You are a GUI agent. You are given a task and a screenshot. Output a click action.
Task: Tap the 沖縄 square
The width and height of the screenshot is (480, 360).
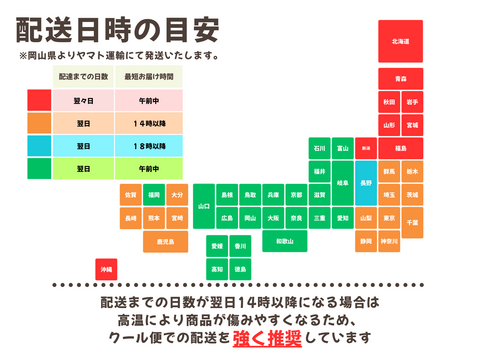tap(106, 270)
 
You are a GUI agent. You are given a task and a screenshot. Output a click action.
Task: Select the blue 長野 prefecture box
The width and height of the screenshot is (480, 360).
tap(365, 182)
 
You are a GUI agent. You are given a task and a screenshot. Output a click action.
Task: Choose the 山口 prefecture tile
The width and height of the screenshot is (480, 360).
tap(204, 205)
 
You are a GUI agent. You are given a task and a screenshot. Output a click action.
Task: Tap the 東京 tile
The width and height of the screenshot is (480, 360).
tap(389, 217)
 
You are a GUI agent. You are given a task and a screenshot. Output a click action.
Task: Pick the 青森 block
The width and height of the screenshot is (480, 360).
tap(400, 78)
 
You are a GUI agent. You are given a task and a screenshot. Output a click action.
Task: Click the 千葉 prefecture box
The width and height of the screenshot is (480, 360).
tap(412, 217)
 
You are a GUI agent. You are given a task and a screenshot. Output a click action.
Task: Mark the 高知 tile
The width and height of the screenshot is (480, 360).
tap(216, 268)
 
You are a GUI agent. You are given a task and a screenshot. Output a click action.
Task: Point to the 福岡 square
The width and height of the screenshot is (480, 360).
tap(153, 194)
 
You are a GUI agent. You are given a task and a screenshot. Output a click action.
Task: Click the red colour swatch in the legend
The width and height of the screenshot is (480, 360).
tap(39, 100)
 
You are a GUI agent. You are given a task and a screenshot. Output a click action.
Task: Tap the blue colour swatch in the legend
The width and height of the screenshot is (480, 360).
tap(39, 146)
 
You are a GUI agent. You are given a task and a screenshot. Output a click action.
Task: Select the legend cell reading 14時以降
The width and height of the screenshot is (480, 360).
tap(149, 123)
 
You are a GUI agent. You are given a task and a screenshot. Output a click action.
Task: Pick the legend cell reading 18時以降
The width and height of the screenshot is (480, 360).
tap(149, 146)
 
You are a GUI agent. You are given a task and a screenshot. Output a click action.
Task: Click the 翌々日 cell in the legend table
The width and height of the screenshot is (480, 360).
tap(83, 100)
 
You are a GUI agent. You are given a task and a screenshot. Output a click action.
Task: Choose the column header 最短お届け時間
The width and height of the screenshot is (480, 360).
tap(149, 76)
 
